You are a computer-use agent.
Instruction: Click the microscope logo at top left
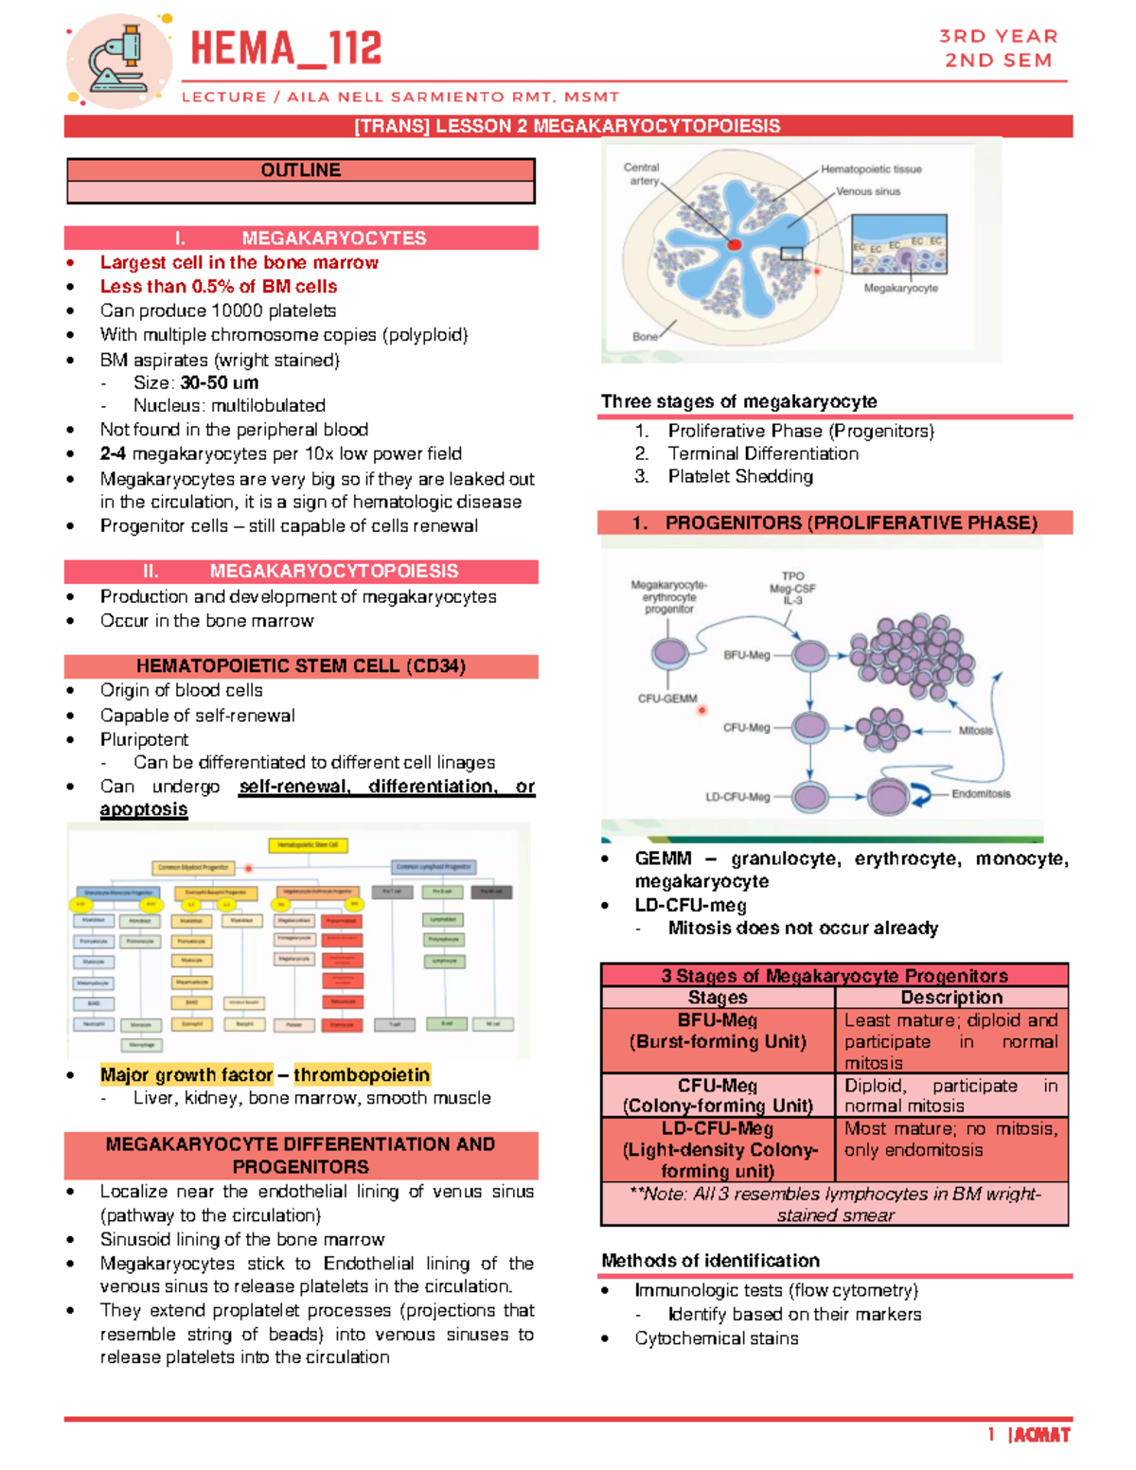[119, 59]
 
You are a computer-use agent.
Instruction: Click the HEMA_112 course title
[286, 49]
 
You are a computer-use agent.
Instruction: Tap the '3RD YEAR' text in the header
[998, 36]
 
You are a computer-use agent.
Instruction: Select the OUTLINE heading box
[300, 170]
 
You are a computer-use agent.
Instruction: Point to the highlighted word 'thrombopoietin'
[362, 1074]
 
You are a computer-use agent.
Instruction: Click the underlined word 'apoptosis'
[144, 809]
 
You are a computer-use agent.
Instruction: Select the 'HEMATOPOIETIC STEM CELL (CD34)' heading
[300, 666]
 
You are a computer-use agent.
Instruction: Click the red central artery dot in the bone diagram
[734, 244]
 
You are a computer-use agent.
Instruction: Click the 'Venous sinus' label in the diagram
[868, 191]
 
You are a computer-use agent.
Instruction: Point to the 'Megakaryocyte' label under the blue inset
[900, 288]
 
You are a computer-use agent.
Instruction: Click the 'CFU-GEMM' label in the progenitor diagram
[667, 699]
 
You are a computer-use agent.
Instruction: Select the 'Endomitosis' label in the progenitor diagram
[981, 793]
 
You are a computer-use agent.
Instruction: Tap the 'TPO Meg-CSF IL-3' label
[792, 588]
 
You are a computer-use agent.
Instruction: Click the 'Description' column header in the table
[951, 997]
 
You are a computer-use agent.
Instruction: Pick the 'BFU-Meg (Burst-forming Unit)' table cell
[718, 1032]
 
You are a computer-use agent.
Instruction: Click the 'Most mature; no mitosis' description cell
[951, 1140]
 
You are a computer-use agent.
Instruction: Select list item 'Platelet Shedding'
[740, 476]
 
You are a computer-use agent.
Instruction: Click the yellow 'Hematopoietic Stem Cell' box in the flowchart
[309, 844]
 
